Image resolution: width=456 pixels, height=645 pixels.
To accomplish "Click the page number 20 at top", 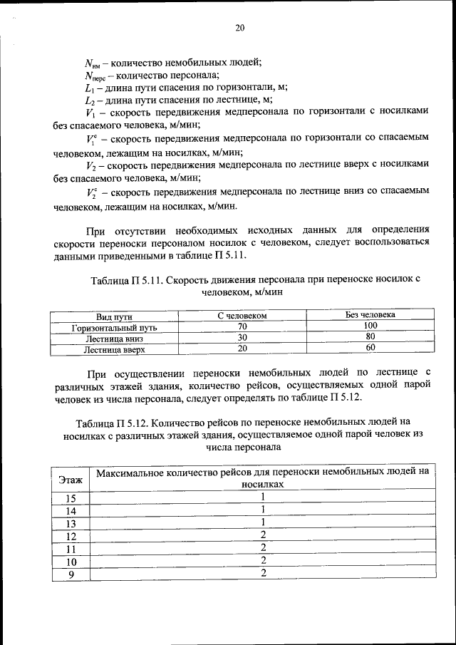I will pyautogui.click(x=239, y=28).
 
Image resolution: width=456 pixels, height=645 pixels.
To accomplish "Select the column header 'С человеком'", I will pyautogui.click(x=242, y=315).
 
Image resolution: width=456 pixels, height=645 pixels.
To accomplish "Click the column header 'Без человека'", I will pyautogui.click(x=370, y=314).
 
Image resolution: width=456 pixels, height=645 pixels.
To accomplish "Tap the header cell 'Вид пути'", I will pyautogui.click(x=114, y=316).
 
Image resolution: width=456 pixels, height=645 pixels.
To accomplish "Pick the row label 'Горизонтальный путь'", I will pyautogui.click(x=114, y=328).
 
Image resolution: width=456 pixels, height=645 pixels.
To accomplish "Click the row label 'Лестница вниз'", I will pyautogui.click(x=114, y=339).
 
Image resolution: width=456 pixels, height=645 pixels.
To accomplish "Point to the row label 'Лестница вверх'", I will pyautogui.click(x=114, y=350).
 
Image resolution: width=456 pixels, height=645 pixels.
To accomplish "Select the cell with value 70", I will pyautogui.click(x=242, y=326).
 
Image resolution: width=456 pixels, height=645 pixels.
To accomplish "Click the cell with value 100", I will pyautogui.click(x=370, y=325).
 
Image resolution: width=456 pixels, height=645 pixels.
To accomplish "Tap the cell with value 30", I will pyautogui.click(x=242, y=337).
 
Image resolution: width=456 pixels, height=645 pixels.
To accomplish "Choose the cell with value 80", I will pyautogui.click(x=370, y=336).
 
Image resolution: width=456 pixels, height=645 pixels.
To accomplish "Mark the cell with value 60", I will pyautogui.click(x=370, y=348).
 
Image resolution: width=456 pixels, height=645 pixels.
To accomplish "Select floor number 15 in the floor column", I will pyautogui.click(x=71, y=498).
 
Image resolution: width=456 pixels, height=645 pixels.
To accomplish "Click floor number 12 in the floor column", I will pyautogui.click(x=71, y=536).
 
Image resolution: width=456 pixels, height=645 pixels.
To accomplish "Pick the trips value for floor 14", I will pyautogui.click(x=263, y=510).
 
